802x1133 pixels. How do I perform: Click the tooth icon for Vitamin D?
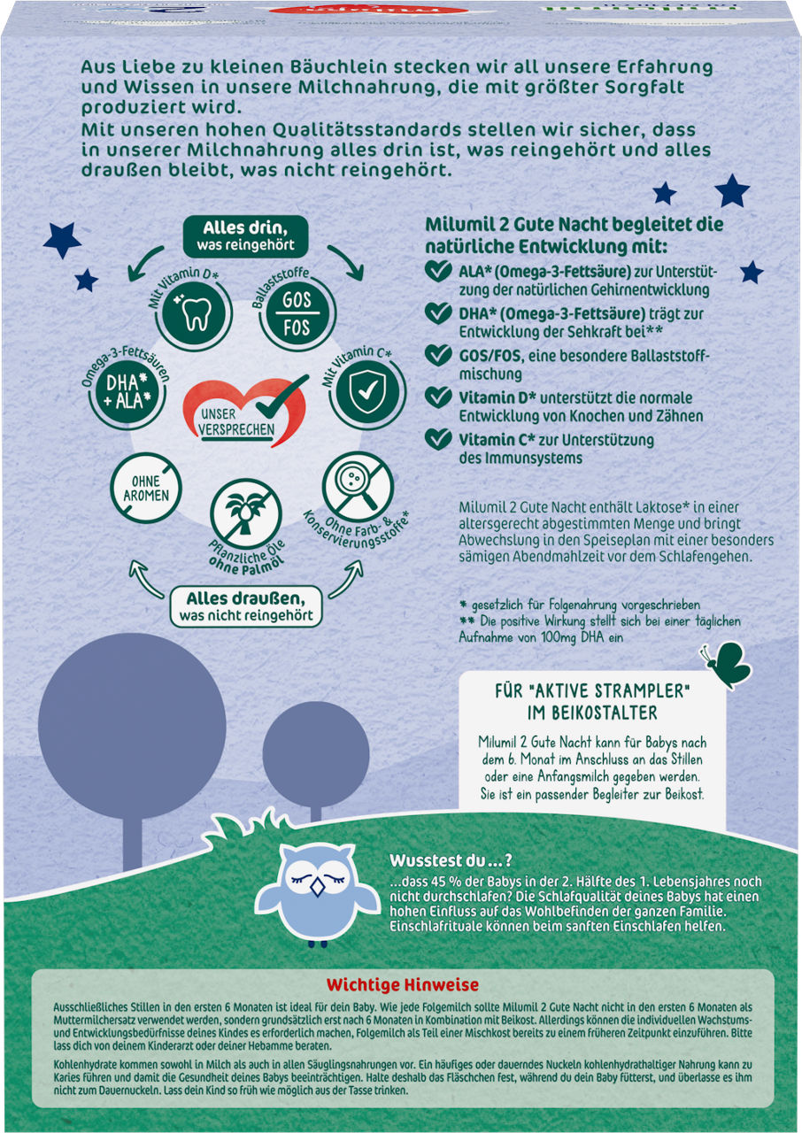194,313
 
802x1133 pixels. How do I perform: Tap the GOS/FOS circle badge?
297,314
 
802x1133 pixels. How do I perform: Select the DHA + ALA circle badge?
128,391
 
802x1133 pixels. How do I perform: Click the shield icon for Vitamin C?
367,391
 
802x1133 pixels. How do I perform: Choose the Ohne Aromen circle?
146,488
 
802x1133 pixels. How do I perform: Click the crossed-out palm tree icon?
246,514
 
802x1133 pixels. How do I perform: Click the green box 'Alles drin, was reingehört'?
245,236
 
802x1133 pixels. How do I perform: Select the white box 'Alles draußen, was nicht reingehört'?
246,606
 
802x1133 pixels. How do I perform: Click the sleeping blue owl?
317,894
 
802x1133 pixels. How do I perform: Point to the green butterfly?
726,665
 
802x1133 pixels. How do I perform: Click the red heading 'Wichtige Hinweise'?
402,985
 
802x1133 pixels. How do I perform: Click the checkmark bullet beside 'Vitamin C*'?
438,438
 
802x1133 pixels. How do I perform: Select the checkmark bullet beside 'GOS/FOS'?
438,355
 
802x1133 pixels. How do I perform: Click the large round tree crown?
132,727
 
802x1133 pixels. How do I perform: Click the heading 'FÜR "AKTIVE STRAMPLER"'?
592,691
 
